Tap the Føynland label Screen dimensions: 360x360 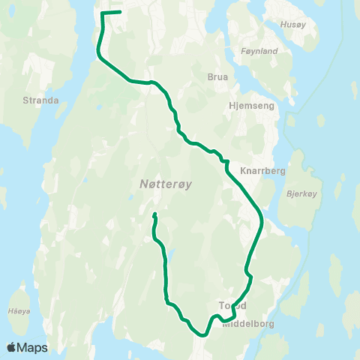tap(260, 51)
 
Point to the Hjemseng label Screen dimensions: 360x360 tap(251, 106)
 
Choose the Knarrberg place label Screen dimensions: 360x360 tap(262, 170)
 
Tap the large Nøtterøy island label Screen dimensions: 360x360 tap(169, 184)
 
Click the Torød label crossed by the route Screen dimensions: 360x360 tap(232, 306)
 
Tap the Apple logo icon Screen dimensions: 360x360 tap(12, 347)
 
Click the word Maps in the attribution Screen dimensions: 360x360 tap(34, 347)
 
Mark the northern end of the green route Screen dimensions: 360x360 tap(120, 12)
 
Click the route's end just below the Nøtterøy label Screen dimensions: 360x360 tap(154, 215)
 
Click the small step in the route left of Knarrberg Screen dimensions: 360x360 tap(223, 160)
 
